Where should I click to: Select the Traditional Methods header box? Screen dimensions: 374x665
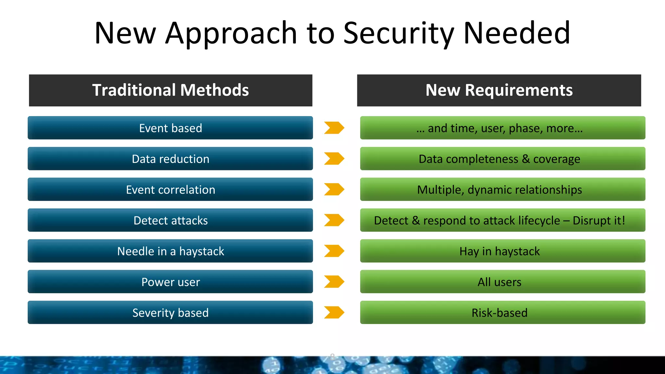(170, 90)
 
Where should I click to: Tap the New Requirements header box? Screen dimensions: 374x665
(499, 90)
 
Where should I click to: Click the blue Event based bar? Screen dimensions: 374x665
(170, 128)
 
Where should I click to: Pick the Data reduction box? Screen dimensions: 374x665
(170, 159)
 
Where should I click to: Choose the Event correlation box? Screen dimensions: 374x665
(170, 189)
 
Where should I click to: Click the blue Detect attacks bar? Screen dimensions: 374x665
(170, 220)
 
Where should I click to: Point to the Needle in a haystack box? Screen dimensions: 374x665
(170, 251)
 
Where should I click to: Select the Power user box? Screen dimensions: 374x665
(170, 282)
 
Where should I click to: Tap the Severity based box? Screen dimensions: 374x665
(170, 312)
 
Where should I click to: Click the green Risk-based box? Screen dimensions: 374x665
(502, 312)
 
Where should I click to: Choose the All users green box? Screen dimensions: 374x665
(502, 282)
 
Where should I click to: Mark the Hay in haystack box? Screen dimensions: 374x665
(502, 251)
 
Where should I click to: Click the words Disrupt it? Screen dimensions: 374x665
(598, 220)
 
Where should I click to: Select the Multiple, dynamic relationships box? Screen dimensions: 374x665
(502, 189)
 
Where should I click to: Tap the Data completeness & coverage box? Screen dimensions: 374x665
(502, 159)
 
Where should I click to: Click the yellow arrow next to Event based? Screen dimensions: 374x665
(334, 128)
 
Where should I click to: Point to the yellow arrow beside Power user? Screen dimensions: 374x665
(334, 282)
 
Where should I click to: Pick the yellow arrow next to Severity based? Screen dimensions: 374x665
(334, 312)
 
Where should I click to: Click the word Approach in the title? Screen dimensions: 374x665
(231, 34)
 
